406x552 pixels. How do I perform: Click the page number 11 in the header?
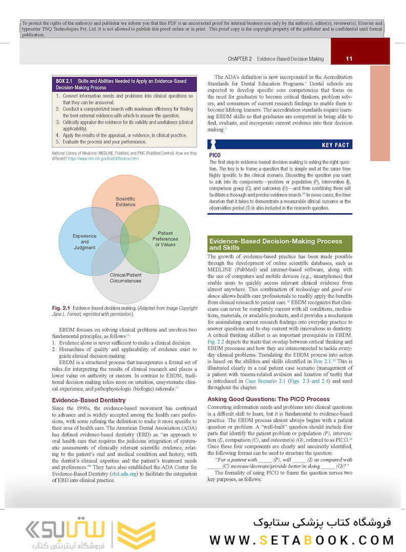[349, 59]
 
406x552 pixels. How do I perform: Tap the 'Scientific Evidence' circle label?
[125, 202]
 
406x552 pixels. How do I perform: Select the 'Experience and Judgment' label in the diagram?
[84, 241]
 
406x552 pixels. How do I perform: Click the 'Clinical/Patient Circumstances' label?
[125, 278]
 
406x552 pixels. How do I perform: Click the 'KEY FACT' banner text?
[335, 145]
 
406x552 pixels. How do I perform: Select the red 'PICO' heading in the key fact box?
[215, 154]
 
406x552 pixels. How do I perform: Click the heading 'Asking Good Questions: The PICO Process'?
[268, 399]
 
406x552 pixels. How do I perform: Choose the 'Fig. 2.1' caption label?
[61, 309]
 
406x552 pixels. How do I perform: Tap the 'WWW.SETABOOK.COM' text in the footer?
[302, 540]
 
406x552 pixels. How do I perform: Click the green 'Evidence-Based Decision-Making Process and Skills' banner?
[280, 244]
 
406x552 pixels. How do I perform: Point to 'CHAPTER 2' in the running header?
[239, 59]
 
